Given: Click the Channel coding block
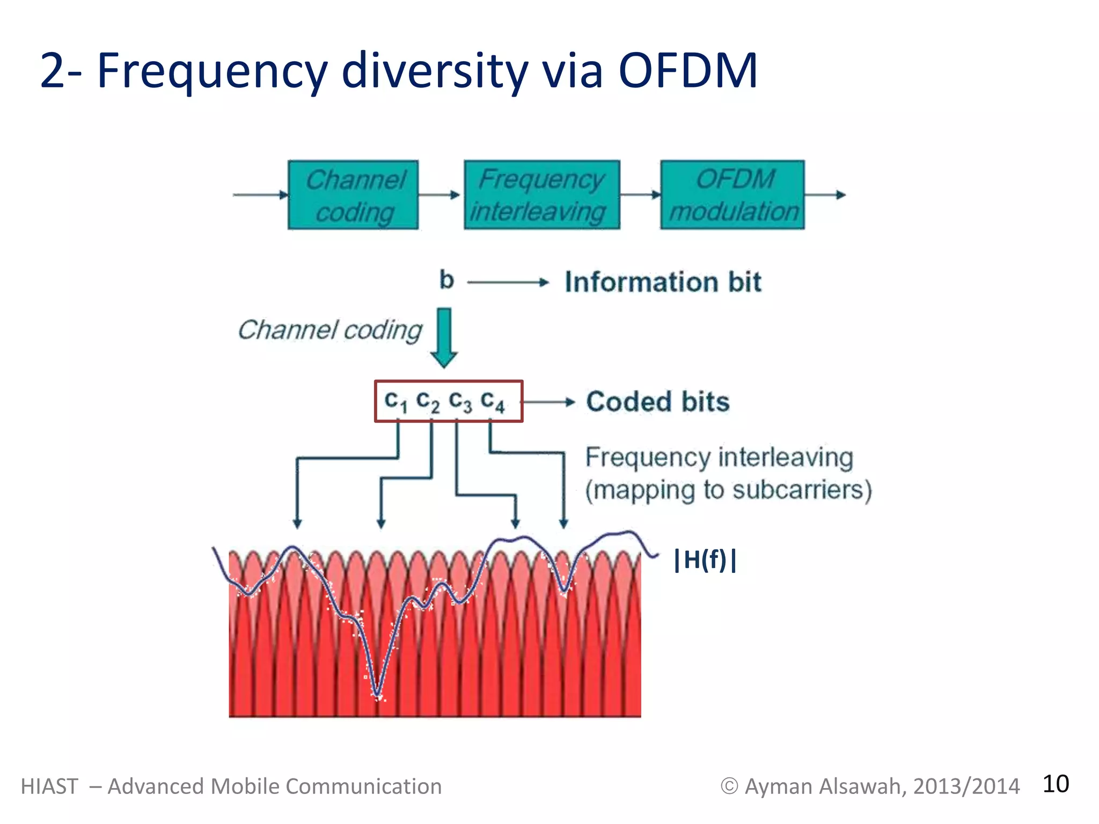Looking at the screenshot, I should [353, 195].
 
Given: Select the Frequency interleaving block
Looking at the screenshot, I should [542, 195].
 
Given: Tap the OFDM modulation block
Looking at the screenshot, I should [732, 195].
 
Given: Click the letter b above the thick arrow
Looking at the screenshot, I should [446, 280].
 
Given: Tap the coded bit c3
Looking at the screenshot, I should [460, 401].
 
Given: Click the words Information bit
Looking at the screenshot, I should [663, 282].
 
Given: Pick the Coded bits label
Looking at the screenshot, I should [658, 402].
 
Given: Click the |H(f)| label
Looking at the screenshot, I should [705, 560].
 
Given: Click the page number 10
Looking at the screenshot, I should [1055, 784].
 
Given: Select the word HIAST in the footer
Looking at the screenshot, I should [49, 786].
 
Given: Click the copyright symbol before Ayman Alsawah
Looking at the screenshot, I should [729, 786].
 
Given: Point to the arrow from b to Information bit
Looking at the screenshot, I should [508, 282].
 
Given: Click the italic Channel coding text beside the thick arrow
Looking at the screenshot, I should [330, 330].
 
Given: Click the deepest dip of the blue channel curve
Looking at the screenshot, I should [378, 695].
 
